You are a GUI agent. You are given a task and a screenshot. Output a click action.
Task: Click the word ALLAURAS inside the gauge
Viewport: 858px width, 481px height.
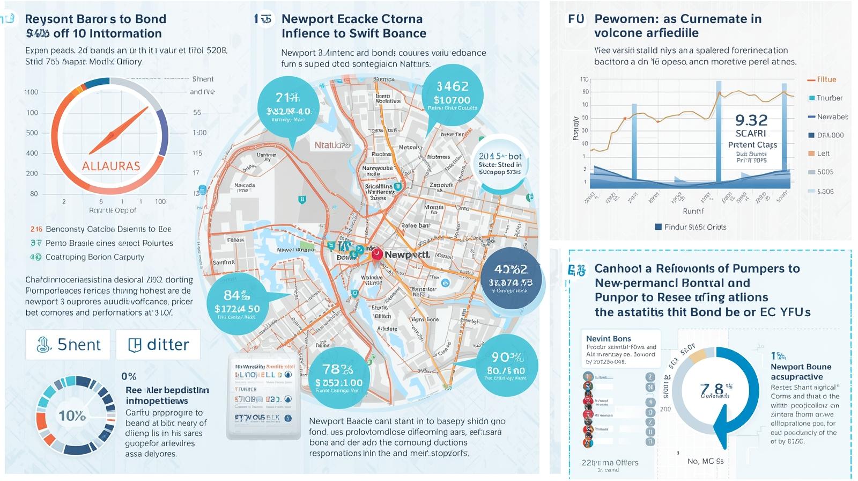tap(110, 166)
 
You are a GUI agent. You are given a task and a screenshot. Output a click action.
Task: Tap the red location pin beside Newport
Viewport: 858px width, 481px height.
tap(377, 254)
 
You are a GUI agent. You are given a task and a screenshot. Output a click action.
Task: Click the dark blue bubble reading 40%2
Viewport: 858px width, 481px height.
tap(511, 278)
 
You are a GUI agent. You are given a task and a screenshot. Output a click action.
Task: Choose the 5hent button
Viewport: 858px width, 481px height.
tap(68, 345)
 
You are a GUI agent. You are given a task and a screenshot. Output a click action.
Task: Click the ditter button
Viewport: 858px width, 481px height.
tap(158, 345)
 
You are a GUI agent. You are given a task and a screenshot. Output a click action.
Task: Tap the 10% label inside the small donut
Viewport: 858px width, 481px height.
tap(72, 416)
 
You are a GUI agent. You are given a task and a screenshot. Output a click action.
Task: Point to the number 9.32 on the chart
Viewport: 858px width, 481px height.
tap(751, 120)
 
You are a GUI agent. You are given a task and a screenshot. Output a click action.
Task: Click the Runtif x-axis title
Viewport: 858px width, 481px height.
tap(693, 211)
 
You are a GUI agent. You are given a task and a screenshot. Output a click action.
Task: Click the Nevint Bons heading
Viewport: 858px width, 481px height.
tap(608, 339)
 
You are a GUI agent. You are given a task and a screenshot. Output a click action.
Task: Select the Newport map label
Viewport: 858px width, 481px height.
tap(407, 254)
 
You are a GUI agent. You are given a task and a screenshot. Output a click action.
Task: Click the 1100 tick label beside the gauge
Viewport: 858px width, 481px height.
tap(31, 92)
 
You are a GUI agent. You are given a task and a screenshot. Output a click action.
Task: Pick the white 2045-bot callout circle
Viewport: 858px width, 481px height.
tap(500, 163)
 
